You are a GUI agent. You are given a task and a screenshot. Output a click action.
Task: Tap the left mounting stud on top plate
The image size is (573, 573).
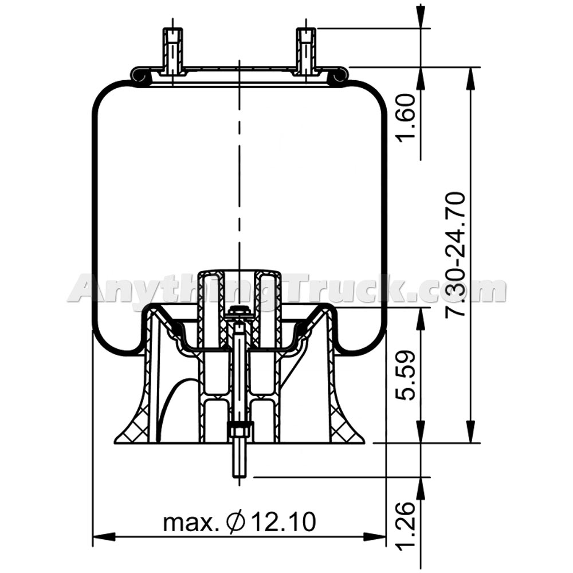pos(172,50)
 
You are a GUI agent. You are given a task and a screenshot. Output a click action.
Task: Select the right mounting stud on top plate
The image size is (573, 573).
pos(306,50)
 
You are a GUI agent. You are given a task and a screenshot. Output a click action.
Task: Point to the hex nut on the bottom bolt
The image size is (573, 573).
pos(239,429)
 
